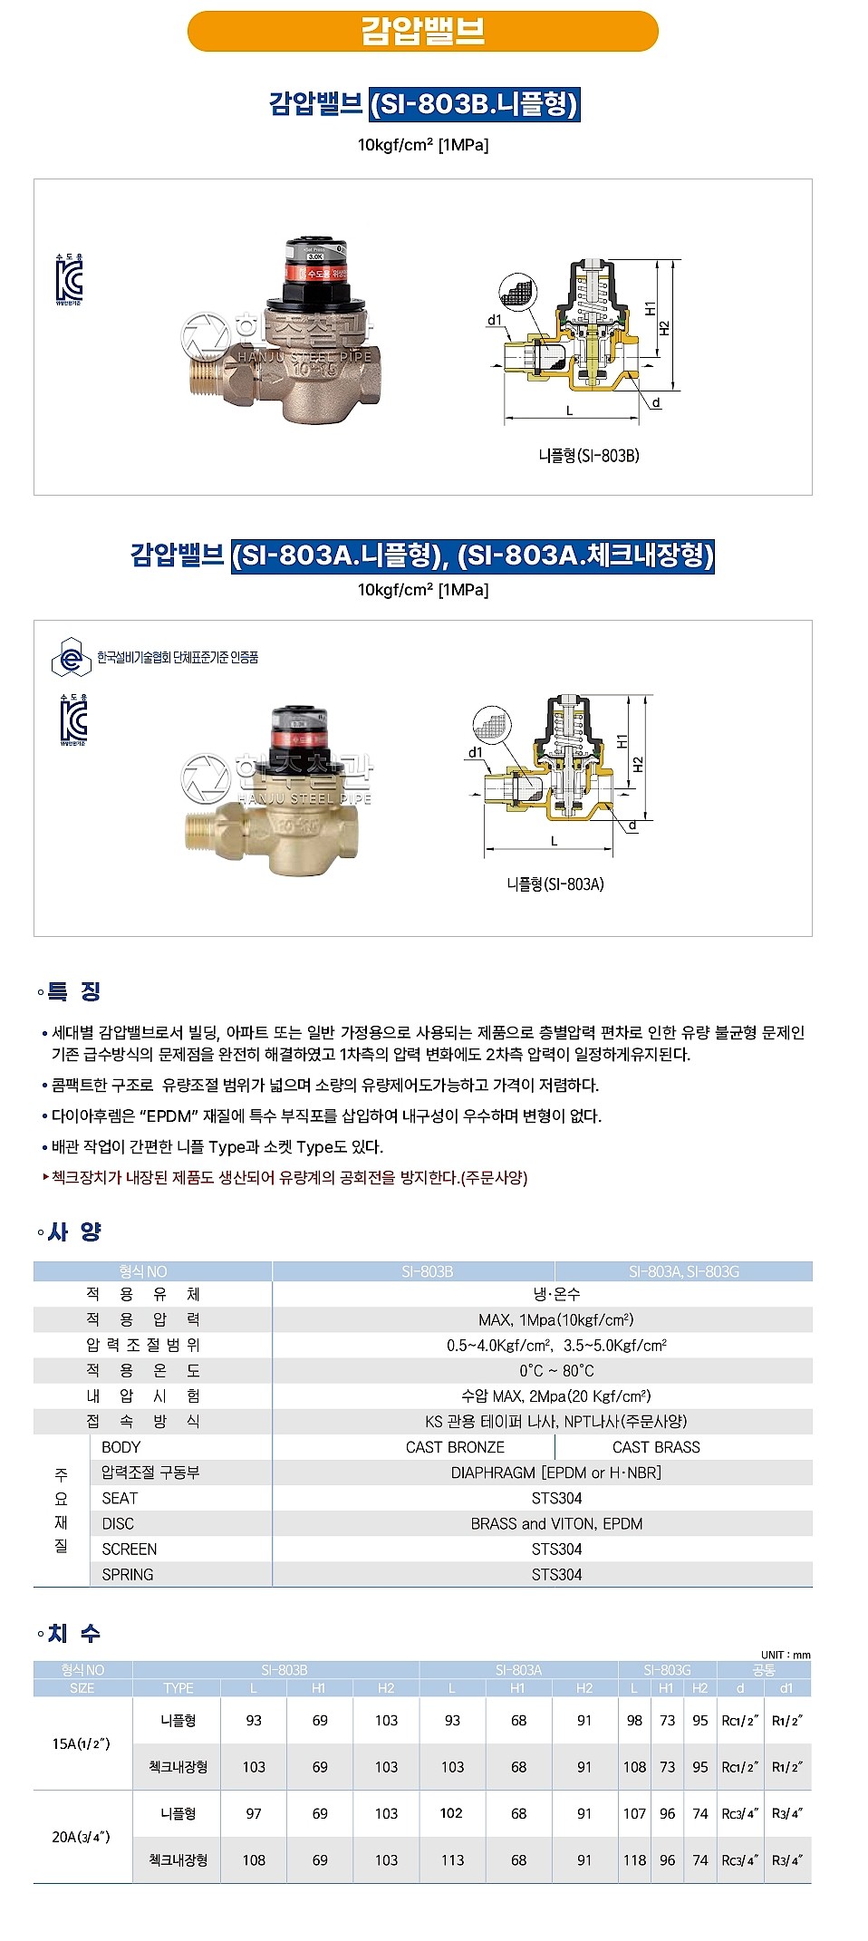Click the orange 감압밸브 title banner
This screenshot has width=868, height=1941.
point(422,31)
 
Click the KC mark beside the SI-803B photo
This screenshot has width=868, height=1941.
point(69,280)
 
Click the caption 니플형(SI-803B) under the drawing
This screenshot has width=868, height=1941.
point(589,456)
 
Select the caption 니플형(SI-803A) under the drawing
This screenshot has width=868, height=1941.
point(555,884)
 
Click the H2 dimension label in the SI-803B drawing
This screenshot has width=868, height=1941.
point(664,328)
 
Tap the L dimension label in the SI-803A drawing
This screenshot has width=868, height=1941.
point(555,842)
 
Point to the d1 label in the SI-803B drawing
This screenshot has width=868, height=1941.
point(495,320)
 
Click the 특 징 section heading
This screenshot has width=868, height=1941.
point(73,991)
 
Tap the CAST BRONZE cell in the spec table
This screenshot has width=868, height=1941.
point(455,1447)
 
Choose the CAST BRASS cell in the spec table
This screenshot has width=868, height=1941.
point(656,1447)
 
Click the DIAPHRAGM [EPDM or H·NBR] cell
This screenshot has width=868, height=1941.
point(555,1473)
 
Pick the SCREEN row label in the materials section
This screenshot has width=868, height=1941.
point(129,1549)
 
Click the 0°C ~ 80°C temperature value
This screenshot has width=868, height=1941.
point(556,1370)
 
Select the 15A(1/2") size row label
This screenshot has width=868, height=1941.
point(82,1743)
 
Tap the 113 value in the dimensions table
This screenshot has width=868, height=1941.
point(452,1859)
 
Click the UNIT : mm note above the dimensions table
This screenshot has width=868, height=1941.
point(786,1655)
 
